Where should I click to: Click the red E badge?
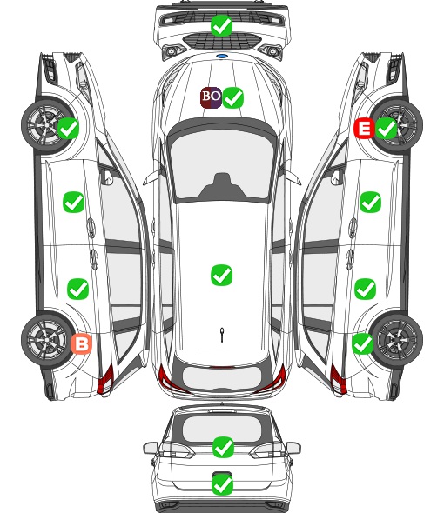click(364, 128)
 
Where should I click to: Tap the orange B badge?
click(81, 343)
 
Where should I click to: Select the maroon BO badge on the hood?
click(211, 97)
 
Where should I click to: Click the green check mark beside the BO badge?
click(232, 97)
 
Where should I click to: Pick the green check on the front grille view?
click(221, 25)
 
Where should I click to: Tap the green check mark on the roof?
click(221, 275)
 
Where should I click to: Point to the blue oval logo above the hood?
click(222, 56)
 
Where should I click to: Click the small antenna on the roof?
click(222, 335)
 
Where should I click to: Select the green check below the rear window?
click(223, 447)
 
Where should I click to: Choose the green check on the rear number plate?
click(223, 484)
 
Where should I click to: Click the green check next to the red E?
click(386, 128)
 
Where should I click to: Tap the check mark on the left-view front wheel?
click(68, 128)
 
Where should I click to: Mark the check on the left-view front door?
click(73, 203)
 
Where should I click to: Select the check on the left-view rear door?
click(77, 289)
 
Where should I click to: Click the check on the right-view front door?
click(370, 203)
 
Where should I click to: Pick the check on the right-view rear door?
click(365, 289)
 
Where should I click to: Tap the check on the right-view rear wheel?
click(362, 343)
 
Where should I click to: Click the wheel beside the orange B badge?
click(47, 339)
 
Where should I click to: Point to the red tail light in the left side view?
click(105, 379)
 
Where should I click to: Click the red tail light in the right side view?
click(338, 379)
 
